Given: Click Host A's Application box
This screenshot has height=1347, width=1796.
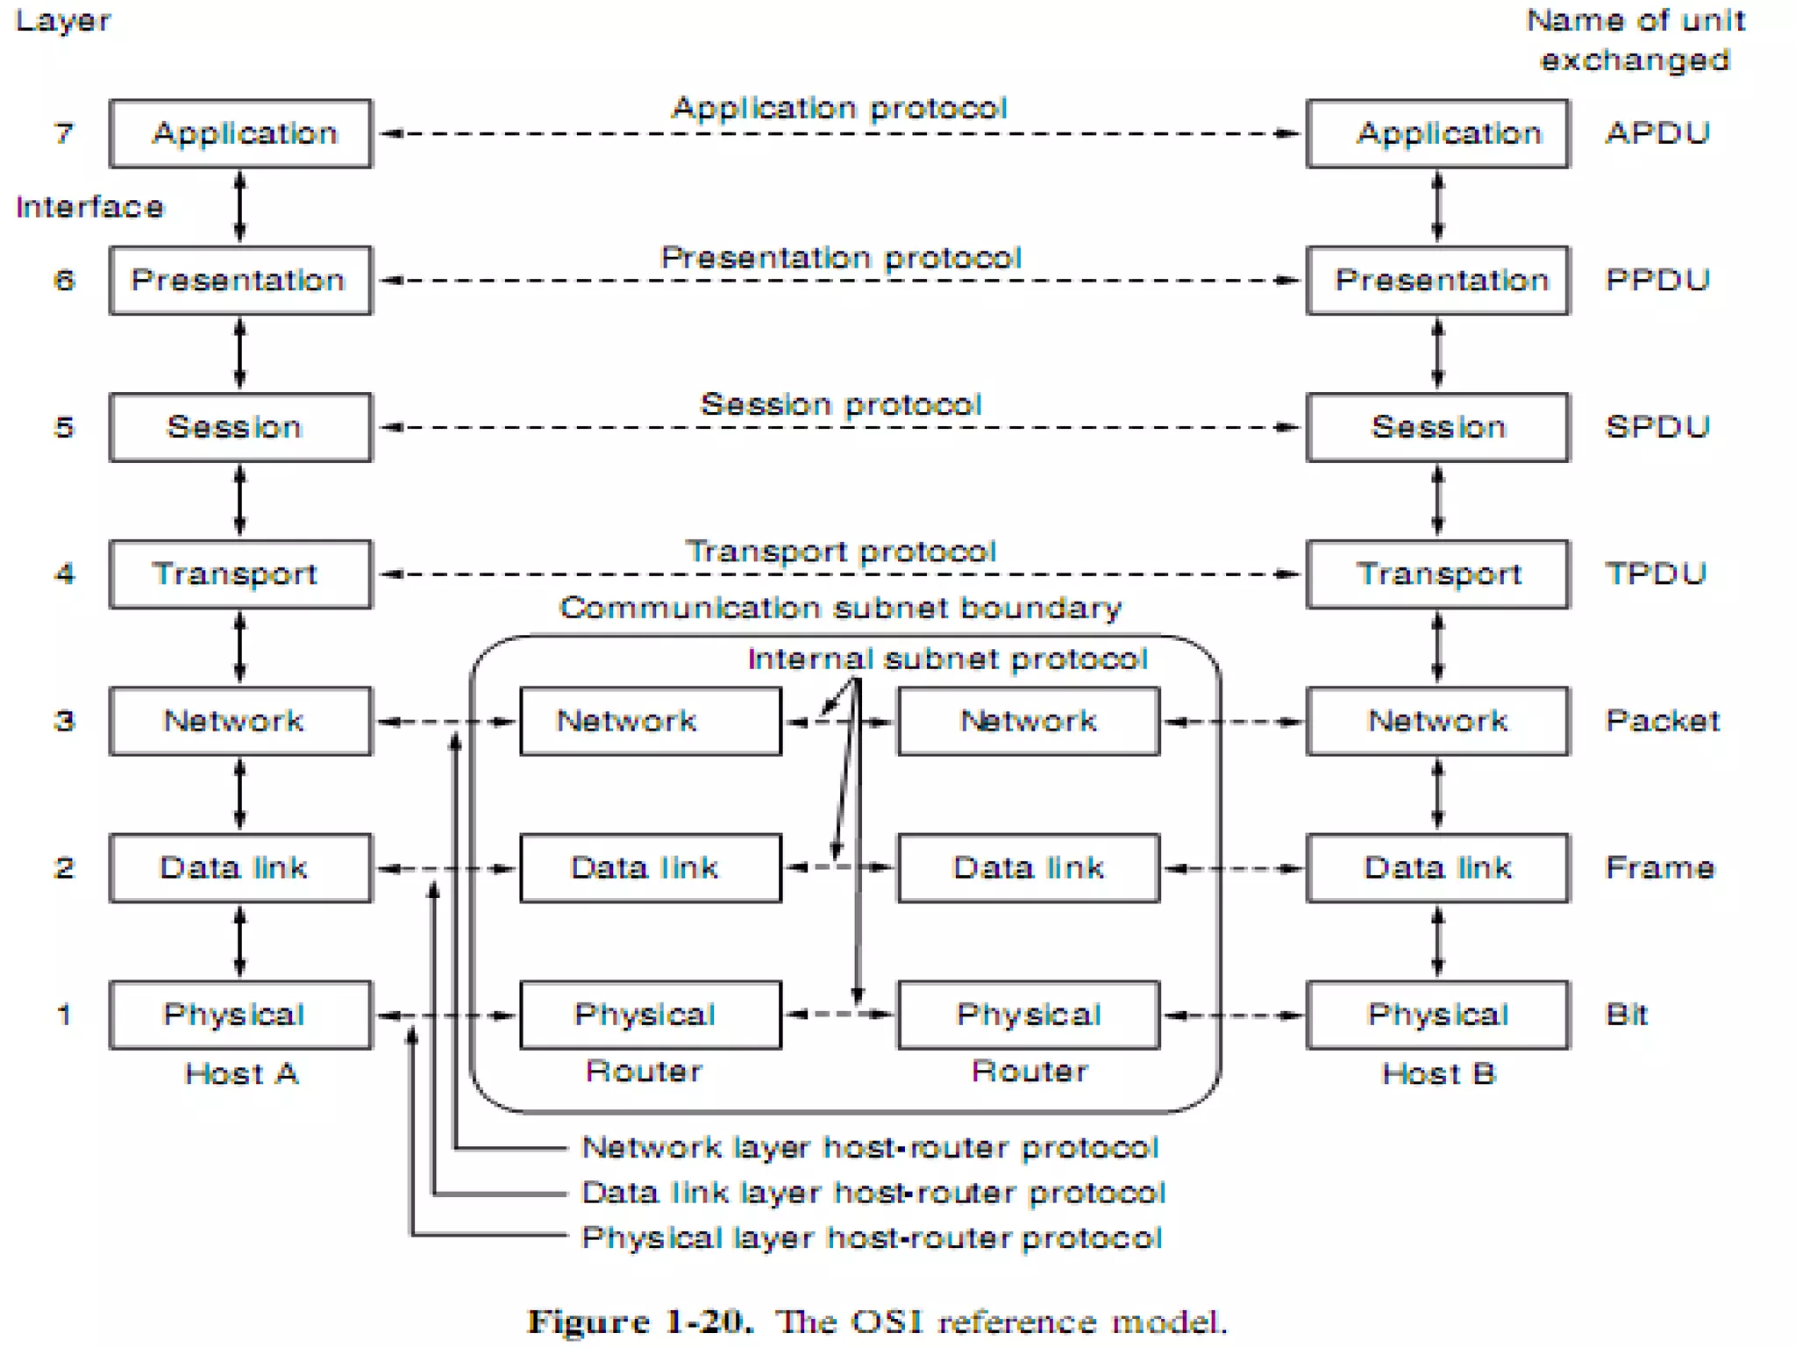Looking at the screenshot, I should coord(240,133).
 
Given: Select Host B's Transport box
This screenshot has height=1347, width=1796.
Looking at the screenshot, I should coord(1437,574).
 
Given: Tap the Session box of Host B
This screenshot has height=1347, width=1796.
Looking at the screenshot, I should coord(1437,427).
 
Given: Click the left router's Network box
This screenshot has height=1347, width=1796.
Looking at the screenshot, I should coord(650,721).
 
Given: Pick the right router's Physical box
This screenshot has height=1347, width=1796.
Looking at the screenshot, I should coord(1028,1015).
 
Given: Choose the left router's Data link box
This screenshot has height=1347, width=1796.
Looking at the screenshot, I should coord(650,867).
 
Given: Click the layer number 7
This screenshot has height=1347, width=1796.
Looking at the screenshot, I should coord(63,133).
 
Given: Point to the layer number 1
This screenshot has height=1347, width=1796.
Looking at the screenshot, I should coord(63,1015).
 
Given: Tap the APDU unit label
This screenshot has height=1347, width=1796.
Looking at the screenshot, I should coord(1657,133).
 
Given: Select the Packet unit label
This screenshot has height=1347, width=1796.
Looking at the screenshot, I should coord(1661,721).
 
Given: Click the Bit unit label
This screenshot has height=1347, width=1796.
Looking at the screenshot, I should coord(1626,1015).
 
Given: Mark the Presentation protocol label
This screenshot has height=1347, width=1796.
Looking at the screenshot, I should coord(840,258).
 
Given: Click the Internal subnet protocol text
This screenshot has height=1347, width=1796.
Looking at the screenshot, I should coord(947,659).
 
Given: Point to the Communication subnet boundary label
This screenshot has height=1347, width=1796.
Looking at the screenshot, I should coord(840,608).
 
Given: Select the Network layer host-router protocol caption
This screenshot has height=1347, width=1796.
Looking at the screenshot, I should coord(870,1147).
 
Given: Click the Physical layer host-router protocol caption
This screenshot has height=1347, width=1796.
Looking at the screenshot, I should coord(872,1237).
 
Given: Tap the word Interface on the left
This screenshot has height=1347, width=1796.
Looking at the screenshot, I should coord(89,207).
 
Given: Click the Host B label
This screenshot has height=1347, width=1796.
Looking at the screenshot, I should coord(1437,1073).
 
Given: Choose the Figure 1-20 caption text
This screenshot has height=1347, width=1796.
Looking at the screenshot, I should coord(877,1321).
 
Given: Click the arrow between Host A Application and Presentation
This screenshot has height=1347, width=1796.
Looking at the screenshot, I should coord(240,207).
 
